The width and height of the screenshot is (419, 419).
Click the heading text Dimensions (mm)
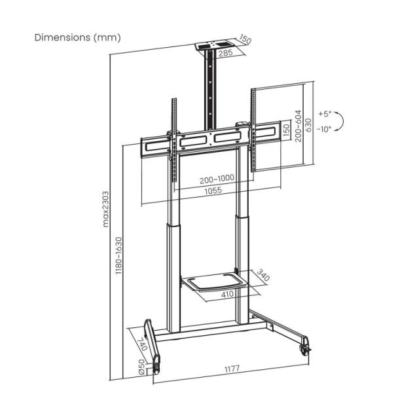[78, 37]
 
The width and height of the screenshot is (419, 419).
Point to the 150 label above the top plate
[246, 41]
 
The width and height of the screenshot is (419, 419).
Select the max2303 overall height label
[106, 208]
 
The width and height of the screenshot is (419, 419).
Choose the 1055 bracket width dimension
[211, 191]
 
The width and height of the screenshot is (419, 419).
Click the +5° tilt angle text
[325, 114]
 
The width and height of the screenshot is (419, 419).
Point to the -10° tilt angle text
[325, 129]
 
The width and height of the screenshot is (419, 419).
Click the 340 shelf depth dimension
[264, 274]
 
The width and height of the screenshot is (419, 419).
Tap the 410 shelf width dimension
[227, 295]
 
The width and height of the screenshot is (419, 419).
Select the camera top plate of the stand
[215, 47]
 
